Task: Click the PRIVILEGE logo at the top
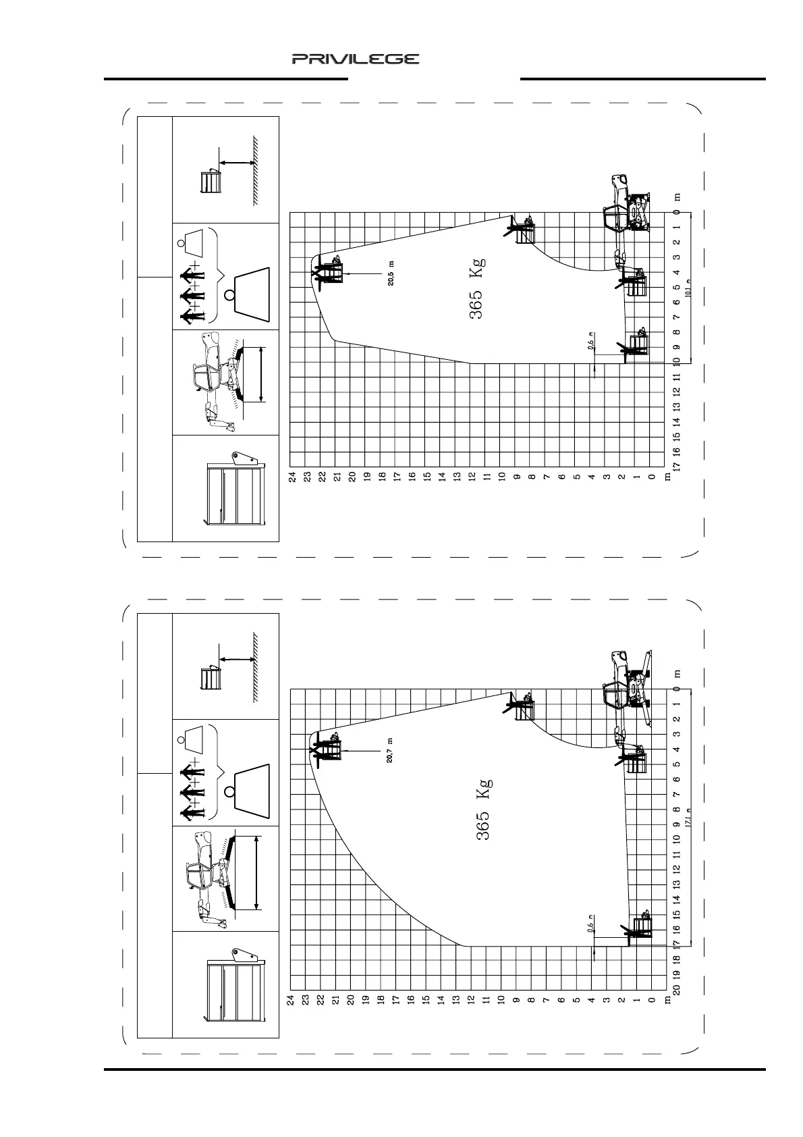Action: pyautogui.click(x=356, y=59)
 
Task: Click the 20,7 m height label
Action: pyautogui.click(x=391, y=749)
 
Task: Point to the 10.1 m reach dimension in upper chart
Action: pyautogui.click(x=689, y=288)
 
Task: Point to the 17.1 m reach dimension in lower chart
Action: pyautogui.click(x=689, y=818)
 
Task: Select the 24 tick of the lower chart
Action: pyautogui.click(x=292, y=1000)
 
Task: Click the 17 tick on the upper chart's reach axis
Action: pyautogui.click(x=677, y=466)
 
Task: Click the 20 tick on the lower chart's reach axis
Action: pyautogui.click(x=677, y=990)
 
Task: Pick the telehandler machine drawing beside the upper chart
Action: pyautogui.click(x=628, y=209)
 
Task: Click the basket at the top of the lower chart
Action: pyautogui.click(x=329, y=749)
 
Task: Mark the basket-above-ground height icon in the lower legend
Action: pyautogui.click(x=229, y=672)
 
